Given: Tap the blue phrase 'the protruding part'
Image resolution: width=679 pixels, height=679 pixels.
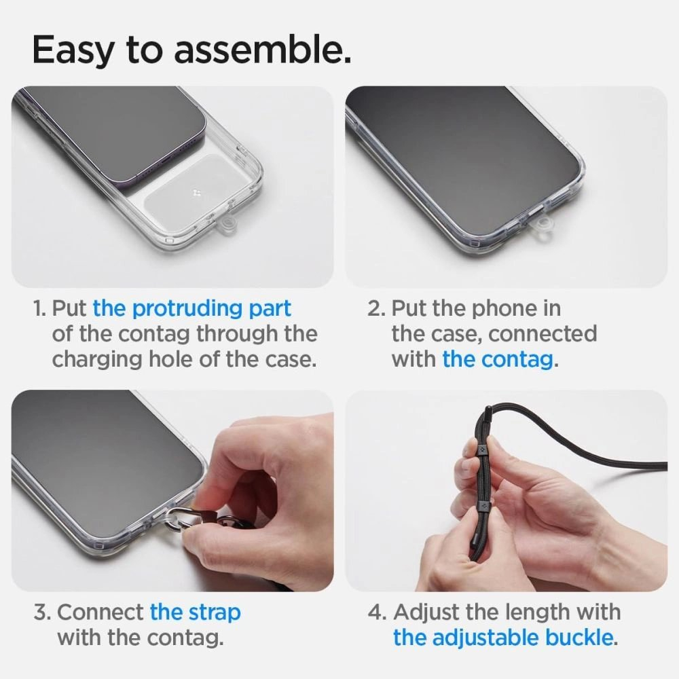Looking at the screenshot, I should pos(192,308).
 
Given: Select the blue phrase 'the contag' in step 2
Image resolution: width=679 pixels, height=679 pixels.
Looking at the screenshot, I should pos(498,359).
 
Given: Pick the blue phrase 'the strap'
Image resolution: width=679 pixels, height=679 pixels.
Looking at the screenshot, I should pos(195,612).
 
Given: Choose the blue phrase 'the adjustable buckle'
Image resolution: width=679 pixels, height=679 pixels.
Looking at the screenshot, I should pos(503,638).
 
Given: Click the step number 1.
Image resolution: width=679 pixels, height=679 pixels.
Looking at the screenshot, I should pos(39,309).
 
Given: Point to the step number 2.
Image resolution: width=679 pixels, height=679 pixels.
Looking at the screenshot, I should pos(376,309).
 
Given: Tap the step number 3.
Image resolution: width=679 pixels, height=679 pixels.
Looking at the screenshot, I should pos(41,612).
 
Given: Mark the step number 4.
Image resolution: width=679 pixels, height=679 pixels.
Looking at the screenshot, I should pos(377,612).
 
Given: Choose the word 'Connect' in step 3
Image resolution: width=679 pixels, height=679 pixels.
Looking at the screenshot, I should pos(100,612).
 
